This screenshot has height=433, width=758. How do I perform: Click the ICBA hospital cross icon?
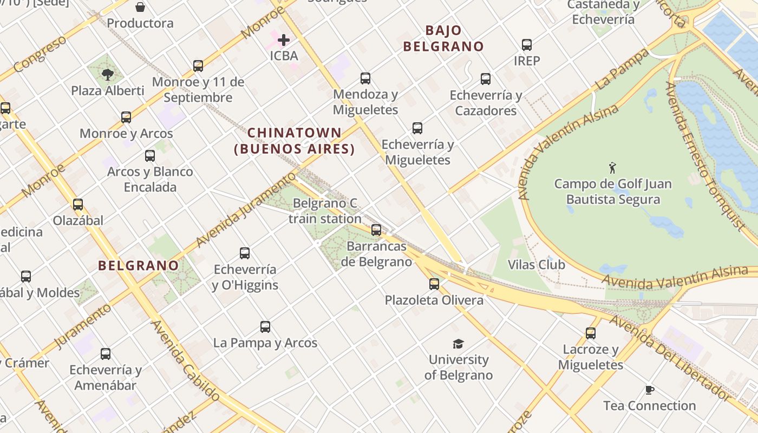[x=283, y=40]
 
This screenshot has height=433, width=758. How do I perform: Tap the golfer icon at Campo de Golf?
[x=612, y=168]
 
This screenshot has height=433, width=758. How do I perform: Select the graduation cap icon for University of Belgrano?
[x=459, y=344]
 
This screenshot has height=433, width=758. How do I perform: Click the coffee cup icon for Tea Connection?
[x=650, y=390]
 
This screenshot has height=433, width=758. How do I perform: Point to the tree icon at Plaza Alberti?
[x=108, y=74]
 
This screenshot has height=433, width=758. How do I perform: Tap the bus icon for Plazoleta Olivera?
[x=434, y=284]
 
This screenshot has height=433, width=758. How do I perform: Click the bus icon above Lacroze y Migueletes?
[x=591, y=333]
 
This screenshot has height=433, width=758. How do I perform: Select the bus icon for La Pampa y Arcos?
[x=265, y=327]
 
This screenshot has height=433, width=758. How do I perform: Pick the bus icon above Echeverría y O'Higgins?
[x=245, y=253]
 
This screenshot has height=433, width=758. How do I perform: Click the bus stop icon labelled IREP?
[x=527, y=45]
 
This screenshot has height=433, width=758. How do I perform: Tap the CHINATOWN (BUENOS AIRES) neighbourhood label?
[x=295, y=141]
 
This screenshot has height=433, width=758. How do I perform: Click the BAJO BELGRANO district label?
[x=443, y=38]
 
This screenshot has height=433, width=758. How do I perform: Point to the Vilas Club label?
[x=536, y=265]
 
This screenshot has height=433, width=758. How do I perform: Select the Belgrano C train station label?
[x=325, y=211]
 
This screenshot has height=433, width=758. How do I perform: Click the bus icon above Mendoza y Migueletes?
[x=365, y=78]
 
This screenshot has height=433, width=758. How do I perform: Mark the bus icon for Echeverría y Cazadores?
[x=486, y=79]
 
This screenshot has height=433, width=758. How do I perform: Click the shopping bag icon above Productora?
[x=140, y=7]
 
